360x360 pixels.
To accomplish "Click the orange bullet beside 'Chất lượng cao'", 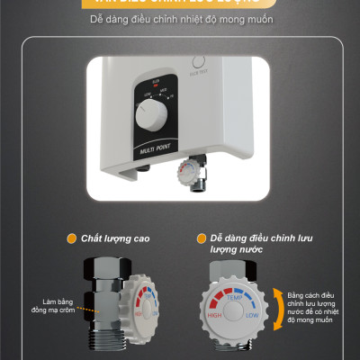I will coord(71,238).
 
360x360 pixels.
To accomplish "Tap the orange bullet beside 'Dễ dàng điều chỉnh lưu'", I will coord(201,238).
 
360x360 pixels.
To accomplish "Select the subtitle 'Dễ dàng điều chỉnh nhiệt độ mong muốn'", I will coord(180,18).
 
